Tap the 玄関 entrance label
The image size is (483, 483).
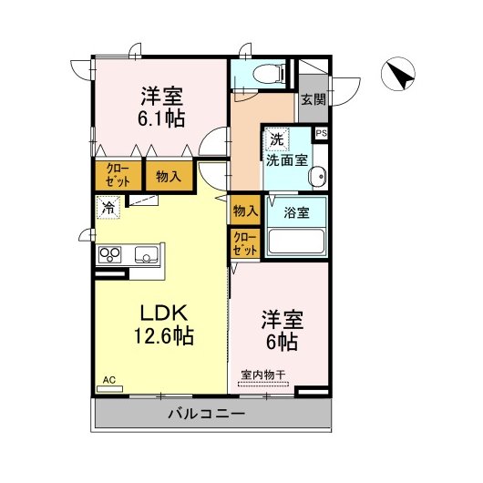pos(313,99)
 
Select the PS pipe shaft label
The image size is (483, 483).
pos(321,133)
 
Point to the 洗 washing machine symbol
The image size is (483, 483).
pos(276,140)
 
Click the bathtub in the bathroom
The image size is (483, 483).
pos(295,241)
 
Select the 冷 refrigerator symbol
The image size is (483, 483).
pos(108,207)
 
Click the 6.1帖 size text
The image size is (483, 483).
pos(162,118)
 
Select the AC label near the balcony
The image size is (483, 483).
pos(109,378)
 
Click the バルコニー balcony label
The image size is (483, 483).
pos(206,416)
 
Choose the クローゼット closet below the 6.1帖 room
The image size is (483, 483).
pos(118,175)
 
